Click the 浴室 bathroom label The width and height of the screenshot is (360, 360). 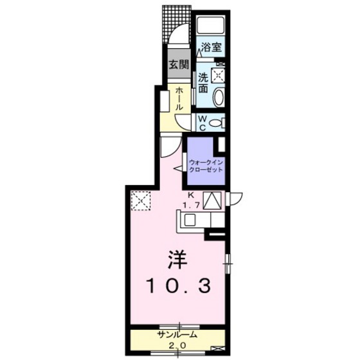pos(212,48)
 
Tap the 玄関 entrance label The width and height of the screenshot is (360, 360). pos(179,64)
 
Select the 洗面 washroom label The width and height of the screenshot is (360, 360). pos(203,83)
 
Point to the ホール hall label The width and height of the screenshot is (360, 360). pos(179,99)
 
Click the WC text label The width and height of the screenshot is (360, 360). pos(203,123)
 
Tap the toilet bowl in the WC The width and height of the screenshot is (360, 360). pos(215,123)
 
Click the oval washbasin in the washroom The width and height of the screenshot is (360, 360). pos(219,97)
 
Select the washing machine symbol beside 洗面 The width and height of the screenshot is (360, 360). pos(218,75)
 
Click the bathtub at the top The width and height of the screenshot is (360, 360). pos(211,24)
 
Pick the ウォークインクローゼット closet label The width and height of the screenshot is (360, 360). pos(206,166)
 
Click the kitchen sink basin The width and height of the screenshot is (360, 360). pos(190,219)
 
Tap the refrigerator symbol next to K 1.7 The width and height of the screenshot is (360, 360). pos(212,201)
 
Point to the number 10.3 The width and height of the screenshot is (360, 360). pos(179,286)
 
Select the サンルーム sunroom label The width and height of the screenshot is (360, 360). pos(177,335)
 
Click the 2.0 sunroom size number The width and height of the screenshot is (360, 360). pos(177,345)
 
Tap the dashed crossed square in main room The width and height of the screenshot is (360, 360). pos(141,201)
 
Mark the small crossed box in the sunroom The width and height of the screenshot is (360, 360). pos(216,348)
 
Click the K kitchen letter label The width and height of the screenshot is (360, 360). pos(190,195)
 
